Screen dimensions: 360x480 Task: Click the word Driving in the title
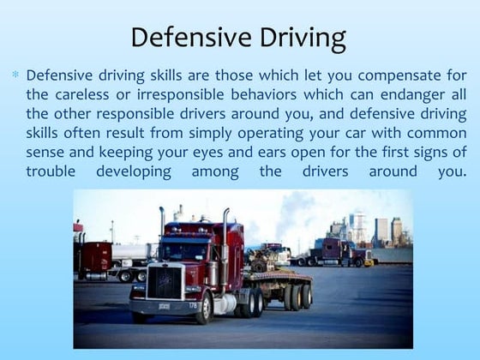pyautogui.click(x=294, y=39)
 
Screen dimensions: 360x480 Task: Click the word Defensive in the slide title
pyautogui.click(x=181, y=39)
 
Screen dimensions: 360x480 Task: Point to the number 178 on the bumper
pyautogui.click(x=192, y=304)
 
